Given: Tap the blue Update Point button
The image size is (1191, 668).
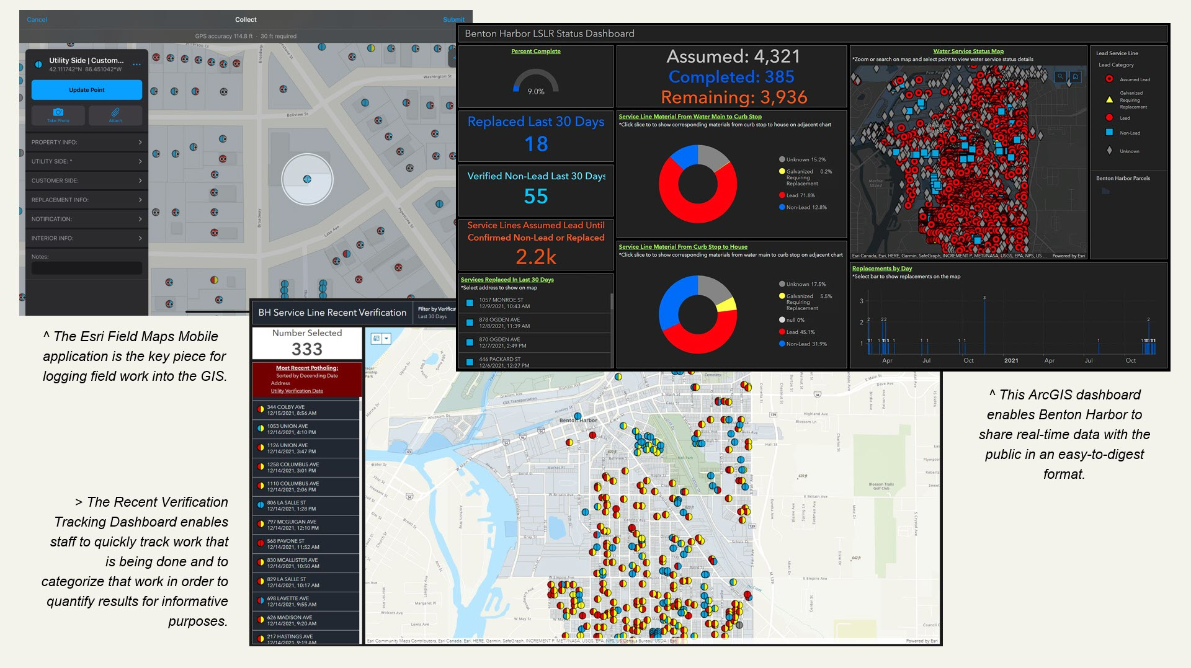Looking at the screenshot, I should [x=87, y=90].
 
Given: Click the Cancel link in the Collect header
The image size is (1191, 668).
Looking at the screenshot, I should [x=37, y=20].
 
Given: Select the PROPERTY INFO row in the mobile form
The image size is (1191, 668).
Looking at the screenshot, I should [x=86, y=142].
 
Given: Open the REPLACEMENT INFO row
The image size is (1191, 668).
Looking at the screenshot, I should [x=86, y=200].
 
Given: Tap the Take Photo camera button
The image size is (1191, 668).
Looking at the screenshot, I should [x=58, y=115].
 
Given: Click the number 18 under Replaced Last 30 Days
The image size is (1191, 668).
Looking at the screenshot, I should [x=536, y=144].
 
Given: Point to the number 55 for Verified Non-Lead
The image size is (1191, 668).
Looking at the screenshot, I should [x=536, y=197].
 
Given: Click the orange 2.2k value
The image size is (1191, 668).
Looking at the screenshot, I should [x=536, y=257].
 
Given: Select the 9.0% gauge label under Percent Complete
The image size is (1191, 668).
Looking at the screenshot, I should [x=536, y=92].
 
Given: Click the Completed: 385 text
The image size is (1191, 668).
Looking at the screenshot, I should [x=731, y=77].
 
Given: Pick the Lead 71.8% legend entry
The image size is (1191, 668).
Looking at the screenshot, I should [x=800, y=195].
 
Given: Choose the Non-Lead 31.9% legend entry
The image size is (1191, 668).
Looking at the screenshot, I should [x=805, y=344].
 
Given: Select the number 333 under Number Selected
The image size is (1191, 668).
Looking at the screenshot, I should [x=307, y=349].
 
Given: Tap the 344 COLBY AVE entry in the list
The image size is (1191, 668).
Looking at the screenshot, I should [x=292, y=410].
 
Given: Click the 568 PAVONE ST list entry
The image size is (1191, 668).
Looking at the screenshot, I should [x=292, y=544].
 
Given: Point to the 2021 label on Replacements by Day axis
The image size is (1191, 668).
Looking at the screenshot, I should [x=1011, y=360].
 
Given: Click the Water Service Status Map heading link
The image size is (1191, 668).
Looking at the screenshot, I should [x=968, y=51].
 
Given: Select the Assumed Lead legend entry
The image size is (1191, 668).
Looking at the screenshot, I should [x=1134, y=79].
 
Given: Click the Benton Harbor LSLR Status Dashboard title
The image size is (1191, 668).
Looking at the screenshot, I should [x=549, y=33].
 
